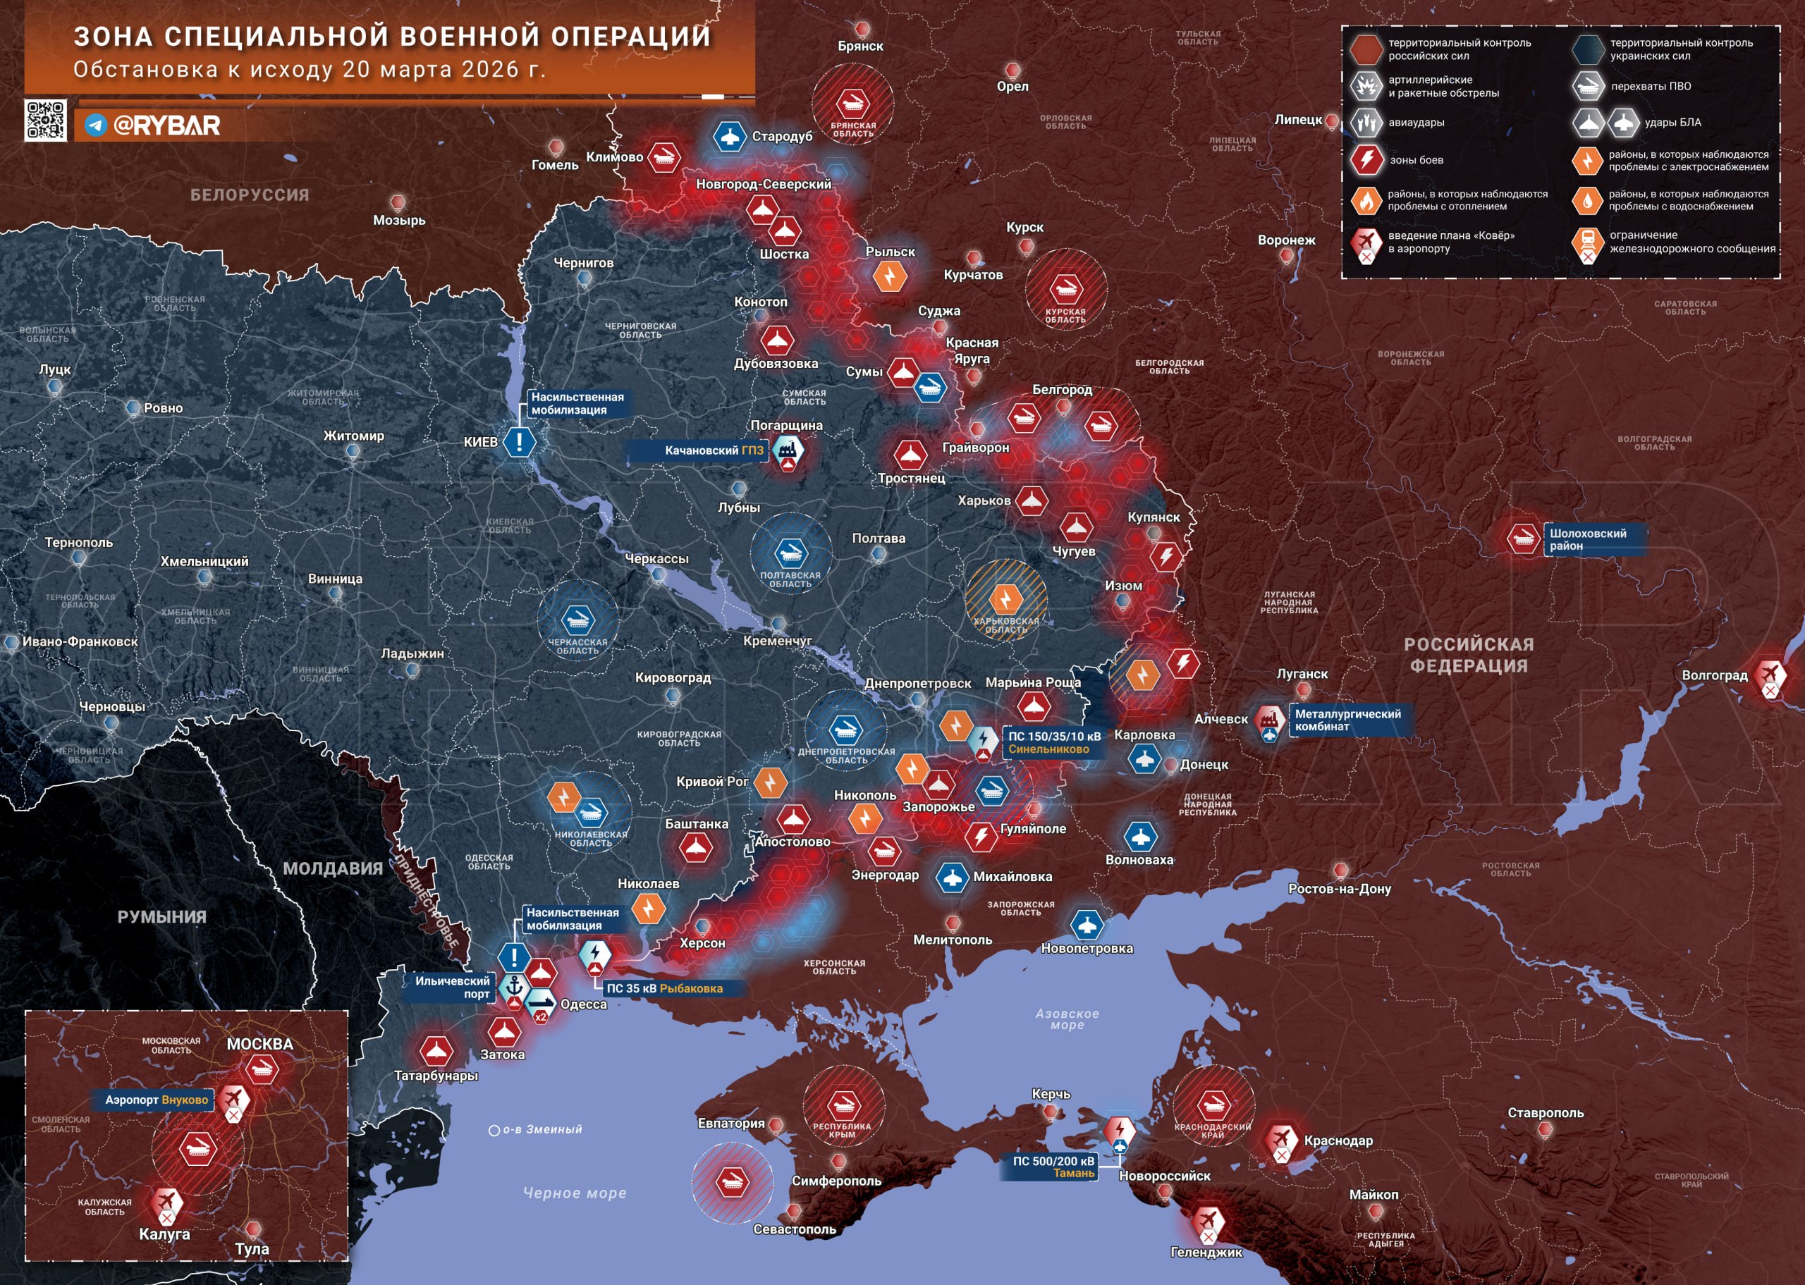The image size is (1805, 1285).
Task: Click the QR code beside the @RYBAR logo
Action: click(45, 121)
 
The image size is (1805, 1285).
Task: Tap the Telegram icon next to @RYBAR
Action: click(96, 125)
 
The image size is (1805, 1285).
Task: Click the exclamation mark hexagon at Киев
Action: click(519, 441)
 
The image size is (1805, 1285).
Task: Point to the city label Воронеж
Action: click(1286, 240)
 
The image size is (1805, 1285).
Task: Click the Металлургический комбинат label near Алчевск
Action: click(1347, 720)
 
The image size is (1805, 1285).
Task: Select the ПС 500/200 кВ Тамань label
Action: click(1053, 1167)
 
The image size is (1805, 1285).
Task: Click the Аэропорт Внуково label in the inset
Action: click(156, 1100)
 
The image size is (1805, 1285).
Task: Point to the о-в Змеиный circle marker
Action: click(494, 1131)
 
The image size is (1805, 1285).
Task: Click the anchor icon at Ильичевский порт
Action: click(515, 986)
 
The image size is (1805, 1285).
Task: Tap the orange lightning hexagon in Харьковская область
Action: click(1005, 599)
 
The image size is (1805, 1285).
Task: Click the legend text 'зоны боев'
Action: click(1416, 161)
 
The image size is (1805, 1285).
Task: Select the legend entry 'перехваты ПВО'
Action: click(1651, 86)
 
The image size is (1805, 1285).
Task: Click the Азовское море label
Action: click(1067, 1019)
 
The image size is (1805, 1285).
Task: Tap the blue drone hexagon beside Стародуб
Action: click(729, 136)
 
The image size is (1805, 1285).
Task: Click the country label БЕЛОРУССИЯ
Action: click(250, 195)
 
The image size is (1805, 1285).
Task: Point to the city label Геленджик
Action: click(1205, 1252)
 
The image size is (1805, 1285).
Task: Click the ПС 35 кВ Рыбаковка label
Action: click(664, 988)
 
